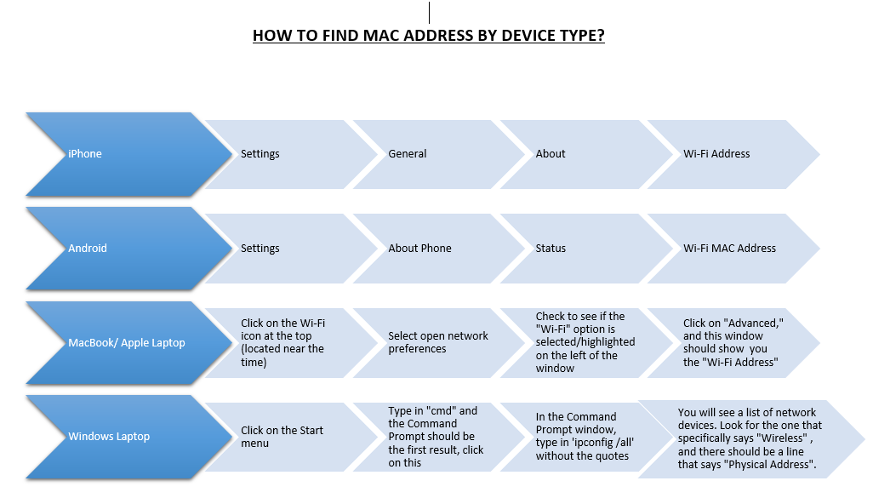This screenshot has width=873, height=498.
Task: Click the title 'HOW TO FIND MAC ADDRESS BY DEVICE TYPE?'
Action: point(428,35)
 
